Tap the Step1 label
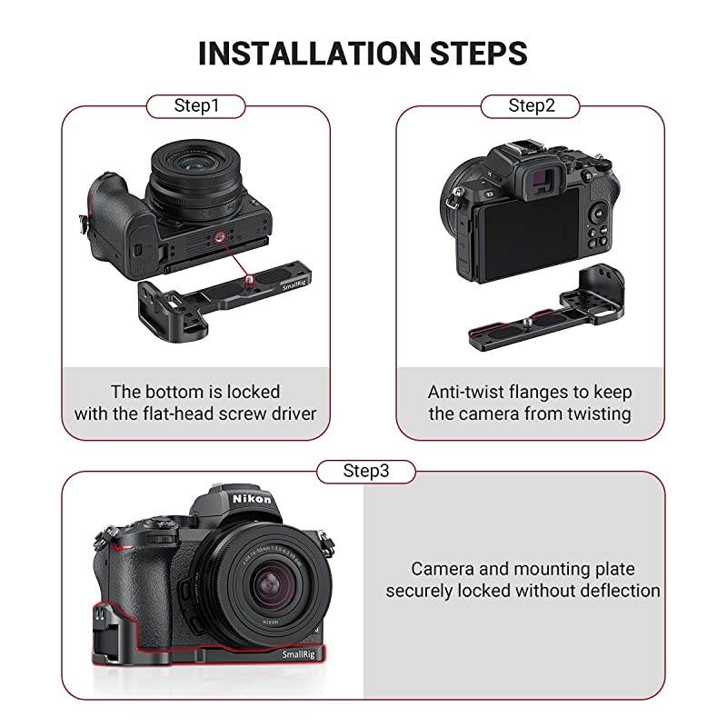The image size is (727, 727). pyautogui.click(x=196, y=106)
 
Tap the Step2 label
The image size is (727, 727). pyautogui.click(x=531, y=106)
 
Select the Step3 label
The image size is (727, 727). pyautogui.click(x=365, y=471)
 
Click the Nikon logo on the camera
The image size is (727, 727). pyautogui.click(x=250, y=500)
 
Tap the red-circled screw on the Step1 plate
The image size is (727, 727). pyautogui.click(x=247, y=276)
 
